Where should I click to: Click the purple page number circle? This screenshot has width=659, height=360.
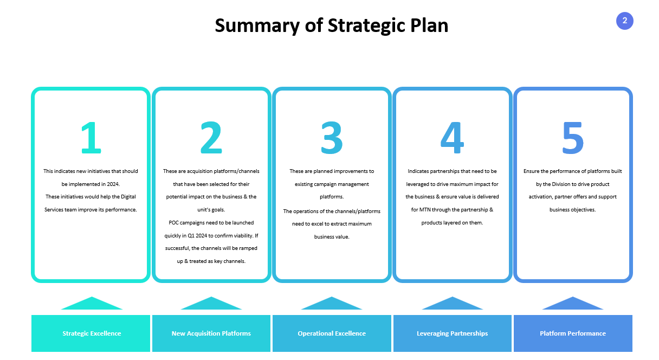624,21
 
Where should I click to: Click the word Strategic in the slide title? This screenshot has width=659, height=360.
366,26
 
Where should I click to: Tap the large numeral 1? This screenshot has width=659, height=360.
91,138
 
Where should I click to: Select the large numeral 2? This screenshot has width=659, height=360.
211,138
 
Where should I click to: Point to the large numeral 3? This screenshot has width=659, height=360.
332,138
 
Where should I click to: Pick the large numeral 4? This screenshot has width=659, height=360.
452,138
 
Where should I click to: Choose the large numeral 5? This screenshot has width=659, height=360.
573,138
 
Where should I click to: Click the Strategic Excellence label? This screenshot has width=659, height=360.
92,333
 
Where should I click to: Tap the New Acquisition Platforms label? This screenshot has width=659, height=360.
211,333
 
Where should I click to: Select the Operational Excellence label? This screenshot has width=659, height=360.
332,333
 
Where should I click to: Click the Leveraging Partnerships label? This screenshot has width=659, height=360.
452,333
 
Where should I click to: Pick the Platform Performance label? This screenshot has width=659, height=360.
573,333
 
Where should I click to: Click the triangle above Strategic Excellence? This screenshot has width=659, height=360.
92,305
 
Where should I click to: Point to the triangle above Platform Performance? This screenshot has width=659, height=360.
573,305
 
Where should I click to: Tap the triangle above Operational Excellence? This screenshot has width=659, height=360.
332,305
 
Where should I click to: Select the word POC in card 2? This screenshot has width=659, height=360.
173,222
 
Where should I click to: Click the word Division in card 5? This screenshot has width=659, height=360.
561,184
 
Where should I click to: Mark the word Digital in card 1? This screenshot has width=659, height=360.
128,197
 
